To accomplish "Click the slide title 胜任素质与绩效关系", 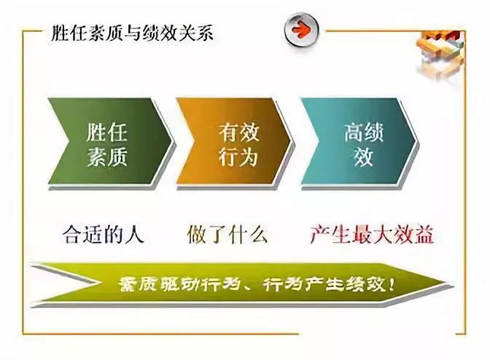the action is click(132, 33).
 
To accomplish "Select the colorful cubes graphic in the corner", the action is click(440, 53).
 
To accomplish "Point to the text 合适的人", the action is click(103, 233).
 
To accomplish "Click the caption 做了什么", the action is click(227, 233).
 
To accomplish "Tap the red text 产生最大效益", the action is click(372, 233).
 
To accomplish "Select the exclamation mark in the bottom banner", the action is click(392, 283).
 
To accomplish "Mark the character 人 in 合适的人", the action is click(135, 233).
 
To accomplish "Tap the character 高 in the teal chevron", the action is click(354, 132).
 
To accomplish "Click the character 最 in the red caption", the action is click(361, 233).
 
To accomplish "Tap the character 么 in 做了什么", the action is click(258, 233).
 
